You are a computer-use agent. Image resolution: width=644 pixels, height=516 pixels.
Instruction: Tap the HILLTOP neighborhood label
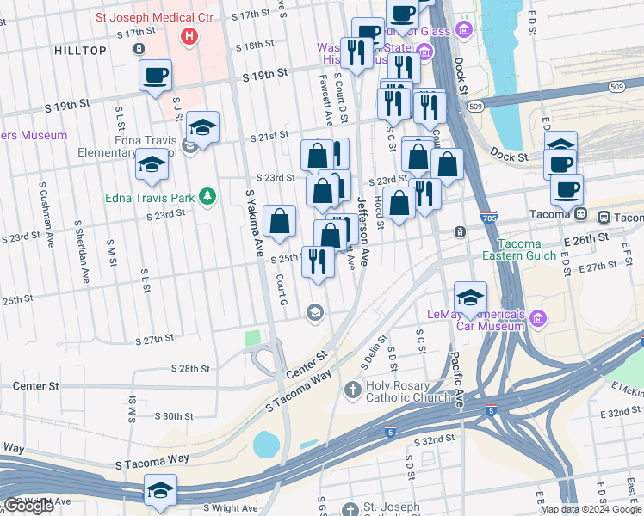click(80, 51)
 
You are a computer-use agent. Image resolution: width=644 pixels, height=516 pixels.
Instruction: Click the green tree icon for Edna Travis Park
click(207, 197)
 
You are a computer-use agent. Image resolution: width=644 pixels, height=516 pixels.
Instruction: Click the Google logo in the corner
click(28, 506)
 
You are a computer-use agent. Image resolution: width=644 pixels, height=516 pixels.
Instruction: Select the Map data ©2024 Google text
click(590, 509)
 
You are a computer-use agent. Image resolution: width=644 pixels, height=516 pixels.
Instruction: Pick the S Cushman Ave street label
click(43, 214)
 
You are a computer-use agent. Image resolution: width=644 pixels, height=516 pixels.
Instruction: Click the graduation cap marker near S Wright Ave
click(160, 491)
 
